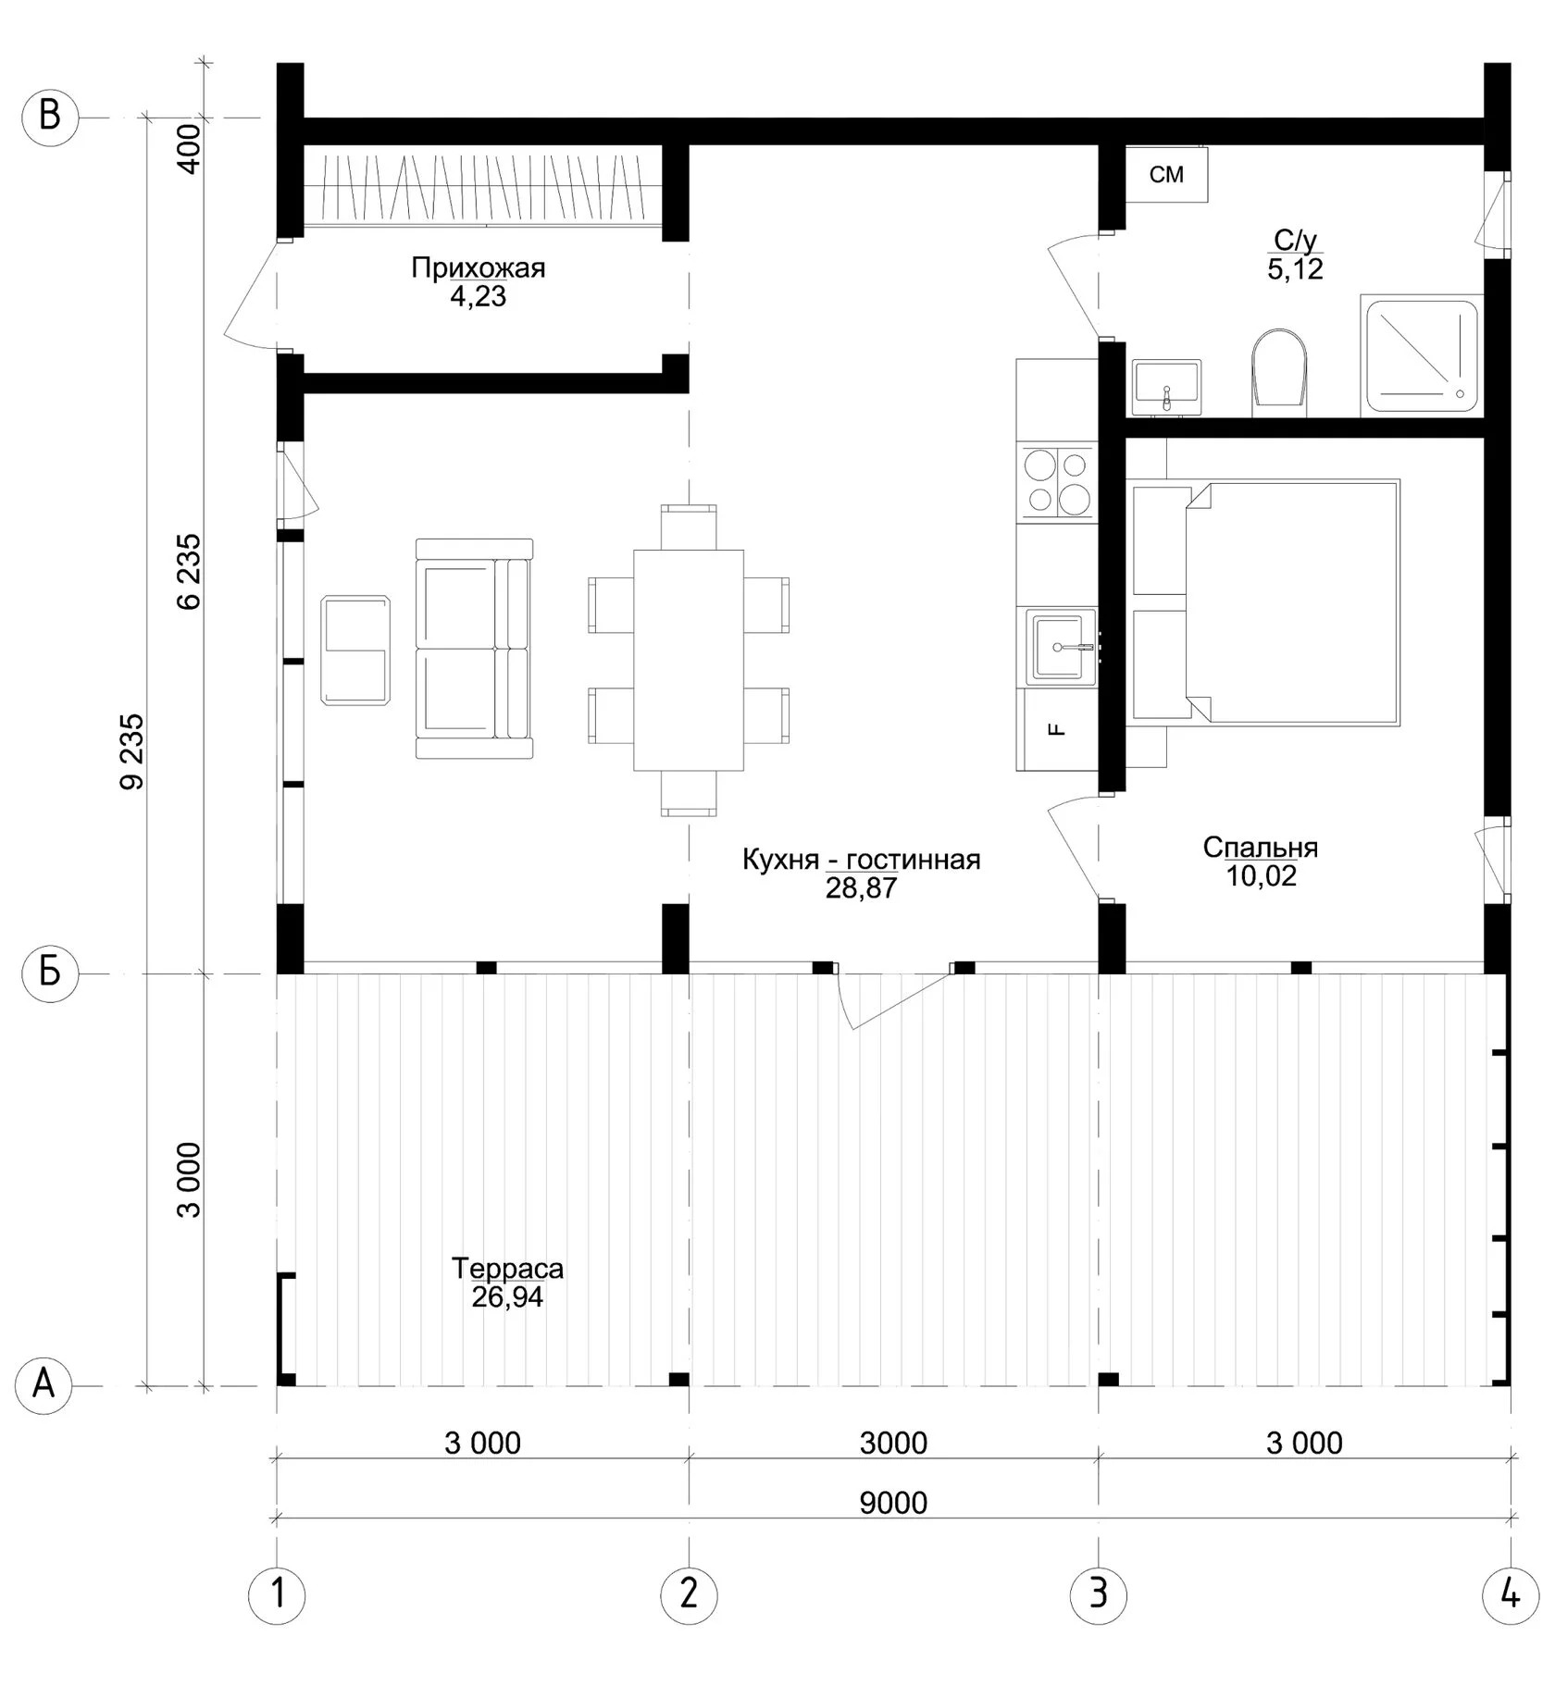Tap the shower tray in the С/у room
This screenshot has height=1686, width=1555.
point(1422,355)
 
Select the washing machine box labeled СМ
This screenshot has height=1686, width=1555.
point(1166,174)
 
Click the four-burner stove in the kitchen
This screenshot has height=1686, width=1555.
point(1056,481)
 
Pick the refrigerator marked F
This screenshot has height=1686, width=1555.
point(1057,730)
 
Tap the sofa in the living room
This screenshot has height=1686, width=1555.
point(474,649)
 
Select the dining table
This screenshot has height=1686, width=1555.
point(689,660)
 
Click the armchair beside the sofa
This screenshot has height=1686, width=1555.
point(355,650)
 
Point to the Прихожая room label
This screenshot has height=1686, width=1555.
point(479,268)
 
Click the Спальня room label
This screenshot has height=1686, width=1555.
point(1261,847)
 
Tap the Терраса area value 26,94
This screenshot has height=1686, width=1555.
point(507,1297)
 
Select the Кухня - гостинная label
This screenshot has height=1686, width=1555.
point(861,860)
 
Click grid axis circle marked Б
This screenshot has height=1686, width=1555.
point(50,973)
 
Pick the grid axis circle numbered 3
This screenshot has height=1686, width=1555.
point(1098,1593)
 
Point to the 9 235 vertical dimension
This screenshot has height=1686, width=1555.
point(132,750)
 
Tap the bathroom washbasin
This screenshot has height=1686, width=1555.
point(1166,387)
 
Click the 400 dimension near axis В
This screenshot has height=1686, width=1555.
point(189,148)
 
